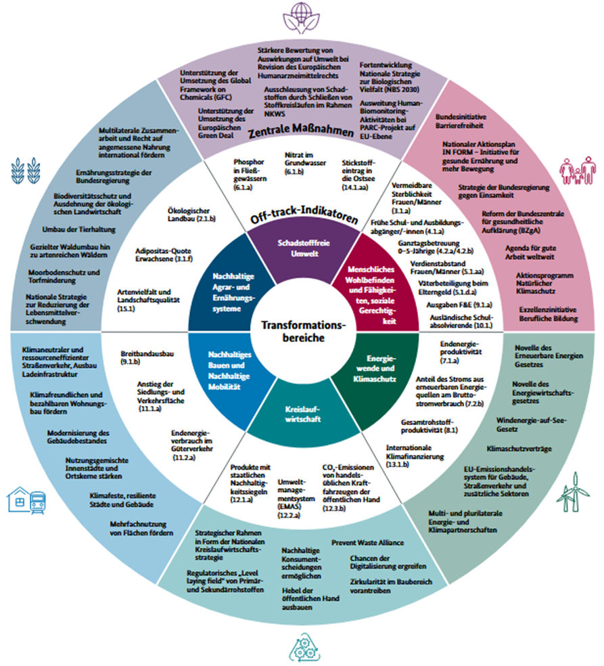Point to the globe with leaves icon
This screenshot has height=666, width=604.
(x=302, y=15)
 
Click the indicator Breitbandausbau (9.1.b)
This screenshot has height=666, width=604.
(x=148, y=357)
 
